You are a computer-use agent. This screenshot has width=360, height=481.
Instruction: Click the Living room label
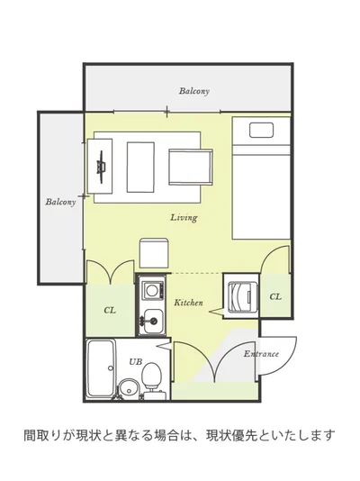[184, 217]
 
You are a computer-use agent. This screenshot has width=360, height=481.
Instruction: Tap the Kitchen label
[188, 303]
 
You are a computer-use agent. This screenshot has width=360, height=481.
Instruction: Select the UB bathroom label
[135, 362]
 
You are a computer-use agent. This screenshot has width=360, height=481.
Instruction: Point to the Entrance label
[261, 354]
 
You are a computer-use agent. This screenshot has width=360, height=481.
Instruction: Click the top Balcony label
[194, 91]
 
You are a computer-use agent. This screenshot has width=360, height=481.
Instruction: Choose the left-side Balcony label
[60, 202]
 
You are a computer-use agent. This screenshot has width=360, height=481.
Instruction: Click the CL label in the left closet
[110, 310]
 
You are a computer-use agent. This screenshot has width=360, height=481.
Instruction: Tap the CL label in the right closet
[275, 296]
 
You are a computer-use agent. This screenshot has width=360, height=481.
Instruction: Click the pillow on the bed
[261, 130]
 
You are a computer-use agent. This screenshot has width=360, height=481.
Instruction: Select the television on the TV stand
[101, 167]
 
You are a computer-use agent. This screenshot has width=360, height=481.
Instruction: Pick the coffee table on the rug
[140, 168]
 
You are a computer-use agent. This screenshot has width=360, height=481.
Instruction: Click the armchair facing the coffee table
[191, 168]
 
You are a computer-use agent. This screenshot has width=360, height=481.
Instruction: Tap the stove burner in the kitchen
[151, 290]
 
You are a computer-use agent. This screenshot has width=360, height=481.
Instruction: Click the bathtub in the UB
[101, 369]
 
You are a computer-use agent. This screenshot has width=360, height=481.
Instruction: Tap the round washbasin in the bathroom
[129, 388]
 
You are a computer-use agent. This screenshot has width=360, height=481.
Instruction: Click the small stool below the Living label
[154, 252]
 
